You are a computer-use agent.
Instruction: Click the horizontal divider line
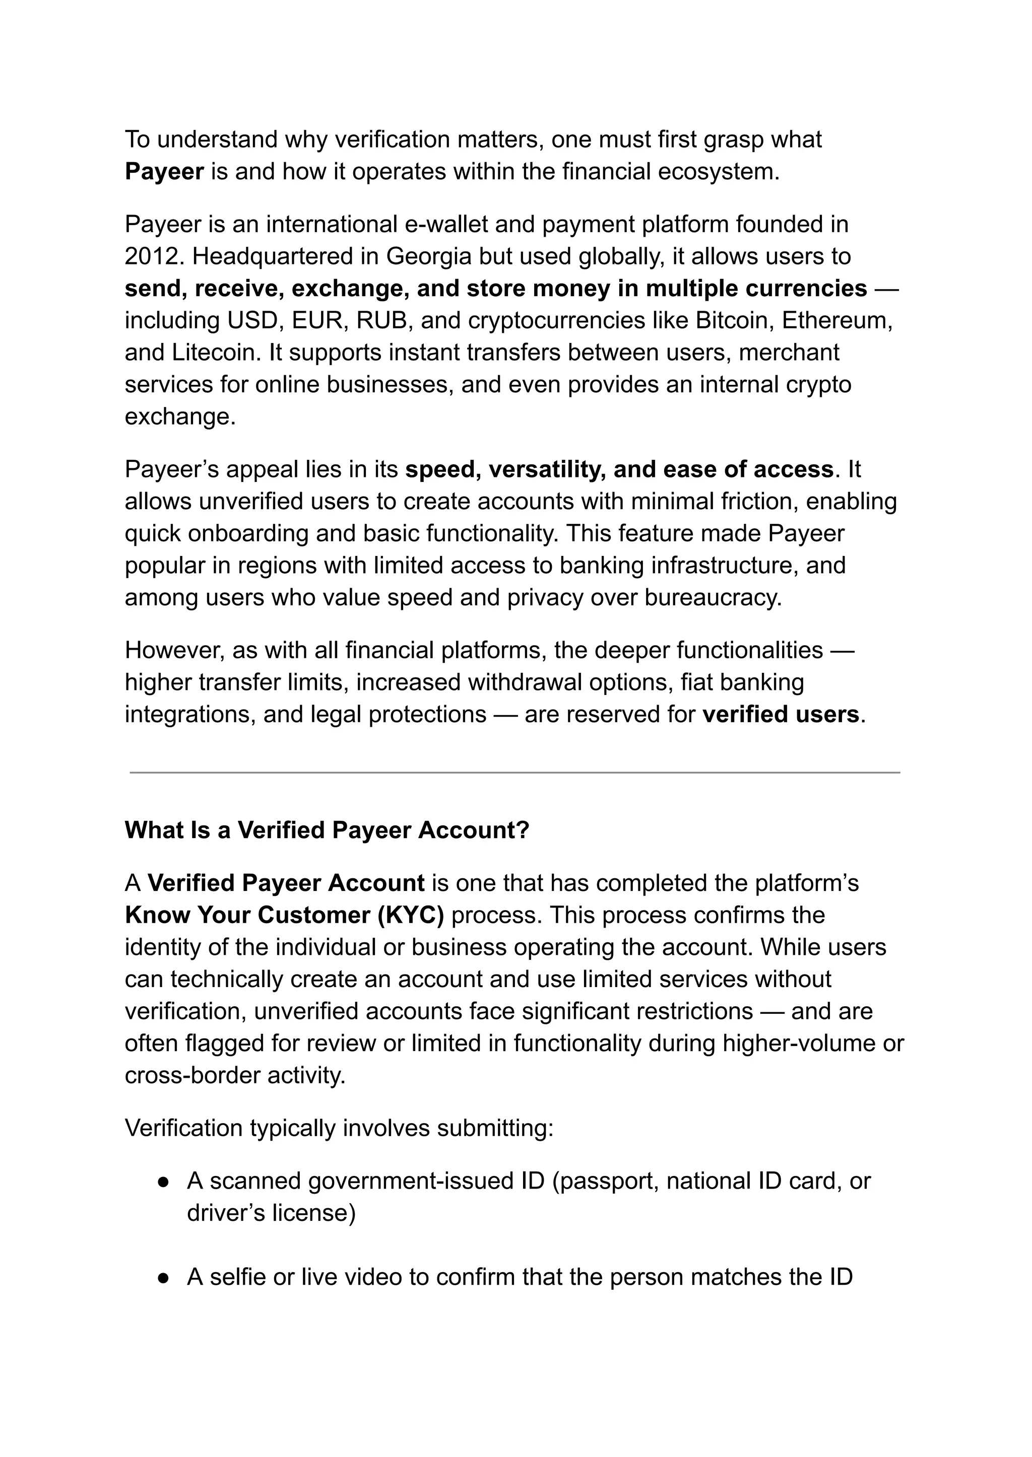514,773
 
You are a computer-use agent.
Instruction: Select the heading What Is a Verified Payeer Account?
327,830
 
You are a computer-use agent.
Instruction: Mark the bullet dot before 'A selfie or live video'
163,1278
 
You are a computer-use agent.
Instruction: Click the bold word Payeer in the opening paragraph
164,172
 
